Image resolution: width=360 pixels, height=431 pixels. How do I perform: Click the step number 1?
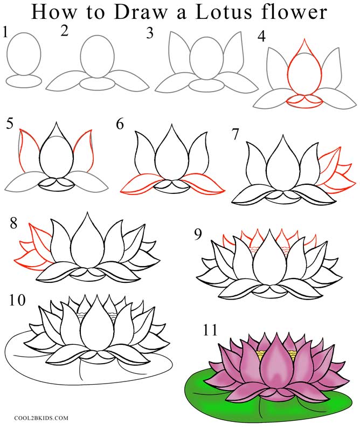click(x=5, y=33)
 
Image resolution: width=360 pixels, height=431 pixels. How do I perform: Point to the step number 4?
click(x=262, y=37)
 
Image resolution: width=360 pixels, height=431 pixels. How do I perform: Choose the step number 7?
click(x=236, y=135)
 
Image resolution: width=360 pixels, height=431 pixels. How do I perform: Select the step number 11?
click(x=210, y=330)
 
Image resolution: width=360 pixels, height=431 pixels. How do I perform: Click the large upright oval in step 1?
click(x=24, y=54)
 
